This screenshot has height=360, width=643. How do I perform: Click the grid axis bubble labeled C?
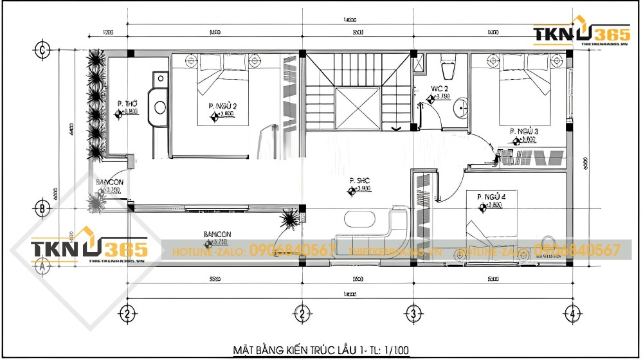point(42,49)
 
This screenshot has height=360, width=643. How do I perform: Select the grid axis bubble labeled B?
point(42,208)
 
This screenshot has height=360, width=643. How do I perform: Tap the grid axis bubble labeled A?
point(42,265)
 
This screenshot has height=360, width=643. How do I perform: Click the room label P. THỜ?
point(127,104)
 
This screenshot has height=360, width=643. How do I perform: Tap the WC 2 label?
point(440,89)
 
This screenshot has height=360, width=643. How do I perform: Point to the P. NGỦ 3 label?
point(523,131)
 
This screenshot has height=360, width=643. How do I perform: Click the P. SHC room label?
point(360,181)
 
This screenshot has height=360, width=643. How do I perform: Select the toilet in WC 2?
point(448,66)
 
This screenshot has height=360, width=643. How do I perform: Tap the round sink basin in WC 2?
point(461,108)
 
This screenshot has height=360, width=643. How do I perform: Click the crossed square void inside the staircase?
point(358,108)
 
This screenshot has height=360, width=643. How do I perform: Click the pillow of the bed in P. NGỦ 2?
point(210,62)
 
